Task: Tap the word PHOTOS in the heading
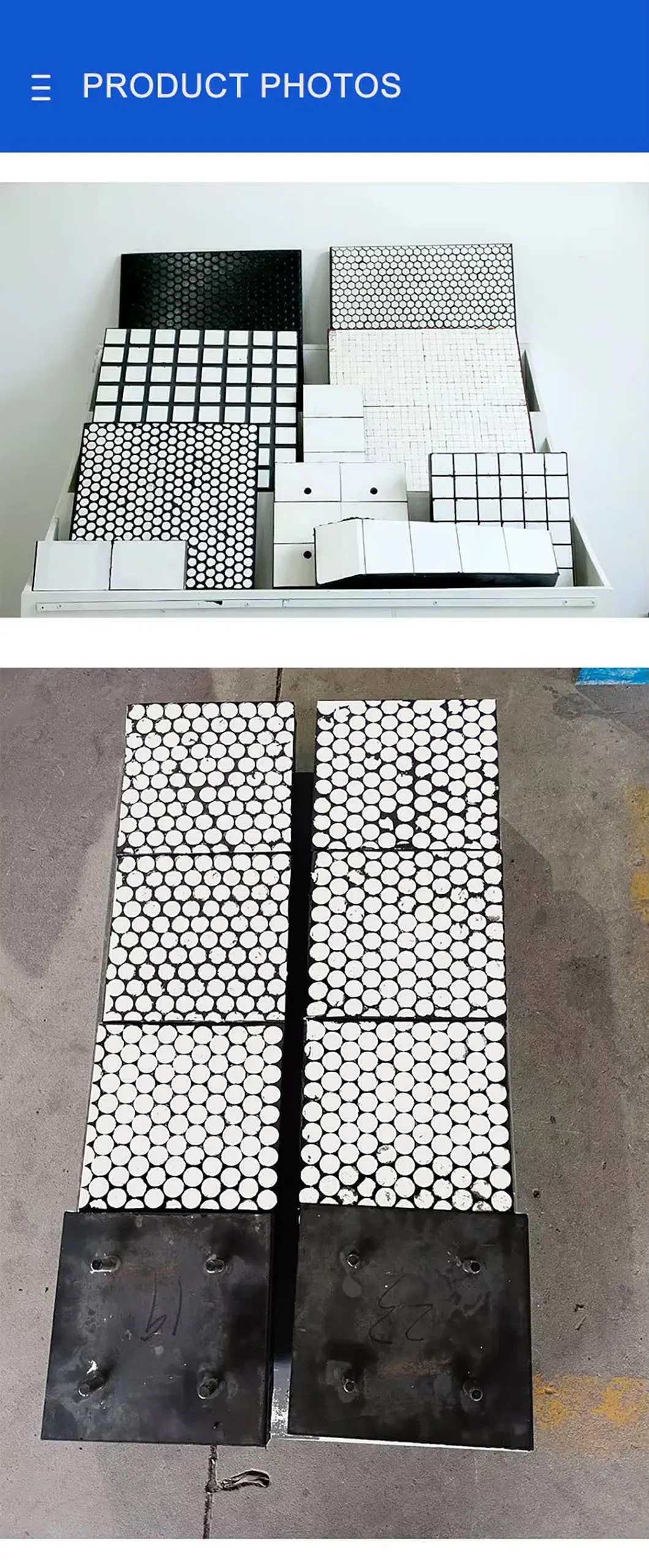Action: (331, 86)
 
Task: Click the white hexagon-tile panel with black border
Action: (421, 287)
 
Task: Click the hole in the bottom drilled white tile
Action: (307, 556)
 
